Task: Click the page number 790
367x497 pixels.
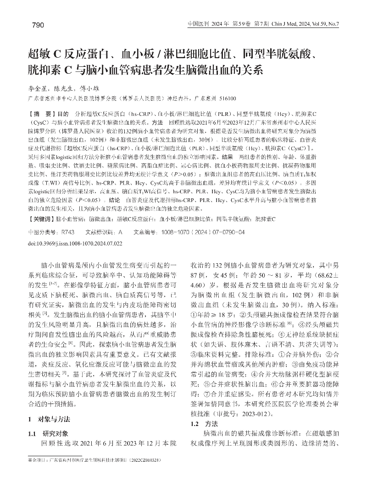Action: coord(38,24)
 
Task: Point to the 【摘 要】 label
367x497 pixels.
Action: coord(41,113)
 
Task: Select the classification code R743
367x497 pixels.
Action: coord(61,232)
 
